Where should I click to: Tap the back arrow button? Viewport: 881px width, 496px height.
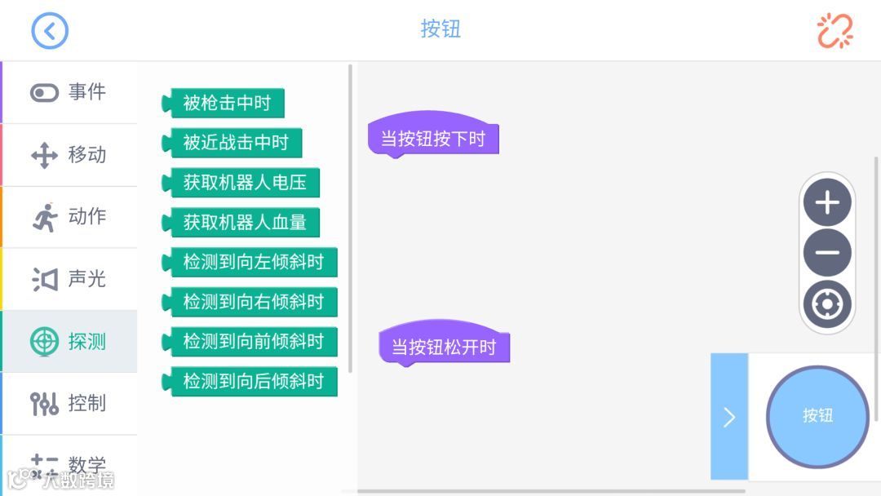pos(50,31)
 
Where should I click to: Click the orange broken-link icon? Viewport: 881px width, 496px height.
pos(835,31)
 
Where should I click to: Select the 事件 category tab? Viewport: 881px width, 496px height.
pos(69,92)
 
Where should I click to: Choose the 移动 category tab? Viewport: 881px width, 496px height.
pos(69,155)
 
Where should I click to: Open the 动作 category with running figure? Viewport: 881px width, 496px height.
pos(69,217)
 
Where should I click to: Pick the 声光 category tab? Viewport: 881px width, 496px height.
pos(69,279)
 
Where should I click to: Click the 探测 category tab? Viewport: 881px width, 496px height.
pos(69,341)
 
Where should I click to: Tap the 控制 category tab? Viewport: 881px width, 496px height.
pos(69,403)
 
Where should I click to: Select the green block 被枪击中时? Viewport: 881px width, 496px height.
pos(225,104)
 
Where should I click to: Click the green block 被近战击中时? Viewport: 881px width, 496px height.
pos(234,143)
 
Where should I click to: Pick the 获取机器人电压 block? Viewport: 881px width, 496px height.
pos(243,183)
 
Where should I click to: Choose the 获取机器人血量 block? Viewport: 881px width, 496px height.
pos(243,222)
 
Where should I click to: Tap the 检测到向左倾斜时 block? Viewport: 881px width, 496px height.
pos(252,262)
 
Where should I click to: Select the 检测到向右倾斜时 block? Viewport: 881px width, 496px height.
pos(252,302)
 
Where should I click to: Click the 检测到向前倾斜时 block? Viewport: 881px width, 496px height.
pos(252,341)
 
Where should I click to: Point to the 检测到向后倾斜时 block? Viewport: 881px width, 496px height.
pos(252,381)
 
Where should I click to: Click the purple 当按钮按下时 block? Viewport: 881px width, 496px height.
pos(433,139)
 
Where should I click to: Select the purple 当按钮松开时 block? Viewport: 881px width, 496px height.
pos(445,348)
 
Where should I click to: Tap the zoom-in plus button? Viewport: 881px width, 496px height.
pos(827,202)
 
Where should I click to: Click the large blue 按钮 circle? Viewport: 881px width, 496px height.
pos(817,416)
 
